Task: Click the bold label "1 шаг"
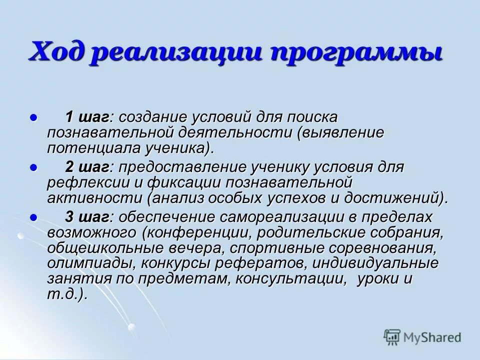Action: pos(88,117)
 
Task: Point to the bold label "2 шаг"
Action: pos(88,166)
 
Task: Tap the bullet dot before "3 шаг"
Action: pos(34,217)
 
